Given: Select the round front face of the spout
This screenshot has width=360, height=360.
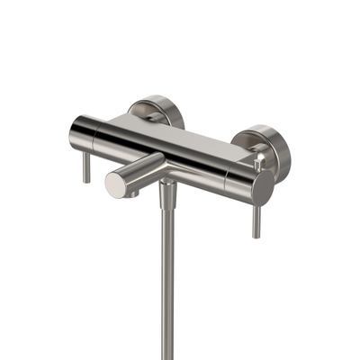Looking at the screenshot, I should point(116,184).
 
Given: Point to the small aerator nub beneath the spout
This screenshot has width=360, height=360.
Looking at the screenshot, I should point(132,193).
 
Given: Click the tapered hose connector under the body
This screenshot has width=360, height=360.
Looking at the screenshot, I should point(167,193).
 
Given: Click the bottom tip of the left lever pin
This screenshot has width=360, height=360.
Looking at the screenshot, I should point(86,181).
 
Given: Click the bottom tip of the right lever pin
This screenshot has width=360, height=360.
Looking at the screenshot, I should point(256,236).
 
